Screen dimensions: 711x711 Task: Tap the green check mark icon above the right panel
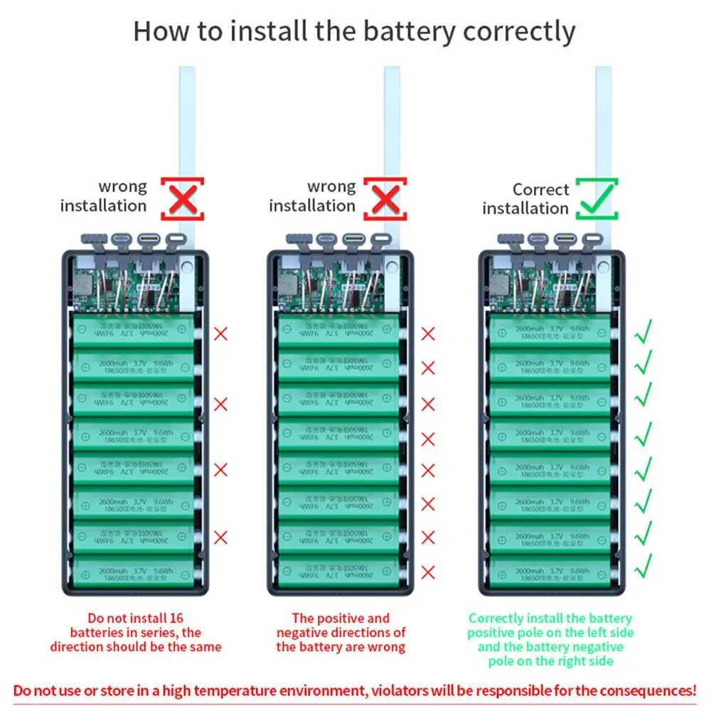click(597, 199)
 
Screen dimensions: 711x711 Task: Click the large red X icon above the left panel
click(182, 199)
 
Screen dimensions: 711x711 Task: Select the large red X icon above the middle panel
click(385, 199)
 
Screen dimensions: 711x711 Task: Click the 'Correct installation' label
click(525, 199)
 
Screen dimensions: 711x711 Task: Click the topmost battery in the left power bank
click(134, 331)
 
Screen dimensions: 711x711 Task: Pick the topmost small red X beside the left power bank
click(221, 333)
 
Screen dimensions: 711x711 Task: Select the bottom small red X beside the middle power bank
click(428, 572)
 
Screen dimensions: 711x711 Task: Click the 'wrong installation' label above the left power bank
click(104, 196)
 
